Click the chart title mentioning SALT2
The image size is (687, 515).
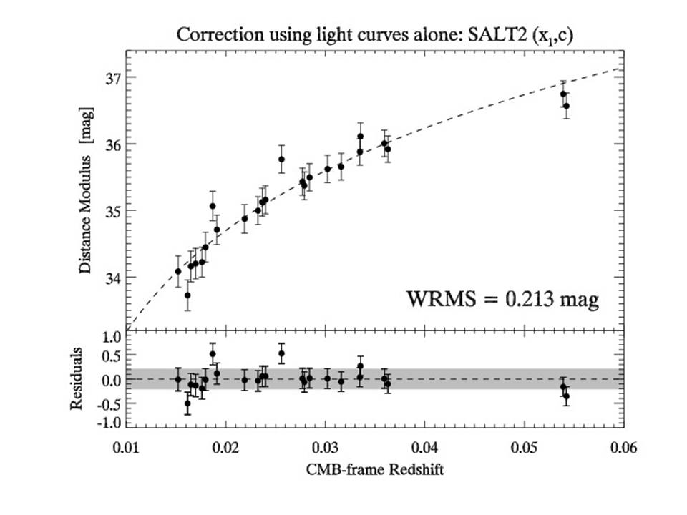(372, 34)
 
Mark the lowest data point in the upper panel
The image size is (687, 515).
(187, 295)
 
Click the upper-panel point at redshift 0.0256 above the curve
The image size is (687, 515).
(281, 159)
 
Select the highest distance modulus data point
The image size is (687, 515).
(563, 94)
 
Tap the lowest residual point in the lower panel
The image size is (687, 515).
(187, 403)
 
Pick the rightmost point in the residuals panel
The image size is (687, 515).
(566, 396)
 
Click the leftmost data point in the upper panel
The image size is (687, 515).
(178, 271)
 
